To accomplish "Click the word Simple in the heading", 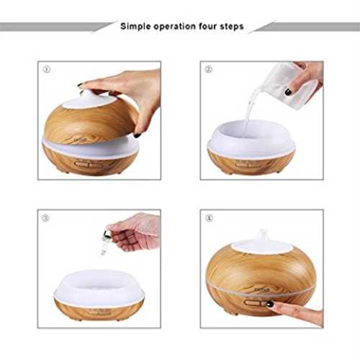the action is [135, 27].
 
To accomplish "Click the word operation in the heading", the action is [175, 27].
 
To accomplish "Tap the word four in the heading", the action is [207, 26].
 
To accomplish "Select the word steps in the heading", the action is [232, 27].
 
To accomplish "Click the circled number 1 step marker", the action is [47, 70].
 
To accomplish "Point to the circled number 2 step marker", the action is [208, 69].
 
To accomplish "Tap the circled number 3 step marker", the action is [45, 218].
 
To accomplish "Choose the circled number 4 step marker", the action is [209, 218].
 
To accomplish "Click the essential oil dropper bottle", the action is [105, 243].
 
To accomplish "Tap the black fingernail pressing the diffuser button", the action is [270, 304].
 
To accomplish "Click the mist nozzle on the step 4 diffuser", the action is [261, 235].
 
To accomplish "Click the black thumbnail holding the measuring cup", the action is [289, 91].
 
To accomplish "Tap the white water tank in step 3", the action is [99, 287].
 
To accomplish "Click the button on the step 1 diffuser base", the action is [89, 165].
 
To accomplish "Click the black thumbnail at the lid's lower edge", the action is [138, 135].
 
